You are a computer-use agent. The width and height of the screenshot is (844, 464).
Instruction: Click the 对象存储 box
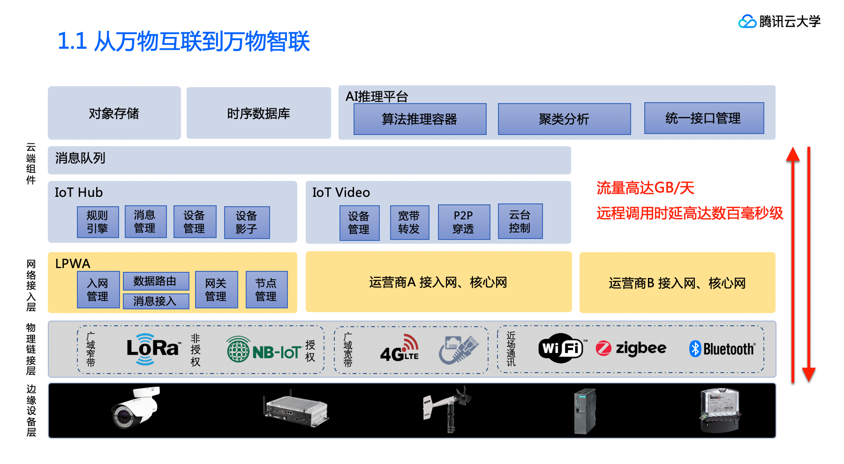(114, 113)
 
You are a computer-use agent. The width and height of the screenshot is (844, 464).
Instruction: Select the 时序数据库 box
(258, 113)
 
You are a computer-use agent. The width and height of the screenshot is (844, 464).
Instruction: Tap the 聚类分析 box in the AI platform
(564, 119)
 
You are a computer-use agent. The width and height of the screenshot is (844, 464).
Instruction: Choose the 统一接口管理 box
(703, 118)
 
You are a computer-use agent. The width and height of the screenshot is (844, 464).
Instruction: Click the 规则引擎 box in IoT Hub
(98, 222)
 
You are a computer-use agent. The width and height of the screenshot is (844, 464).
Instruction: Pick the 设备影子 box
(247, 222)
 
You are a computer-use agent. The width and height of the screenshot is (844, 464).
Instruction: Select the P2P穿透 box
(463, 222)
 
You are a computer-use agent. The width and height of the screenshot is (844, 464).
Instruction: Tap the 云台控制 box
(520, 221)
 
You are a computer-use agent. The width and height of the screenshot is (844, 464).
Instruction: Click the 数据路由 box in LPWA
(156, 281)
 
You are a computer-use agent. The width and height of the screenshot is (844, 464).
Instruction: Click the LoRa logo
(152, 349)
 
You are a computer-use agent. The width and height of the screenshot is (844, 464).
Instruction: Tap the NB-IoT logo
(264, 350)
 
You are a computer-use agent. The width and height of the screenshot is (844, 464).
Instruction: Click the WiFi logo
(561, 348)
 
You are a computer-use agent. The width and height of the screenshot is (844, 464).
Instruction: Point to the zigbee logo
(631, 348)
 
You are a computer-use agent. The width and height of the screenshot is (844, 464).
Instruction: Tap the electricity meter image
(720, 410)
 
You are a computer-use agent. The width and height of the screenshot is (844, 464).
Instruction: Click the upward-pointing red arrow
(793, 262)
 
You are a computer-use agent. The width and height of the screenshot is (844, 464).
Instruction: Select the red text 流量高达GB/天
(645, 188)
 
